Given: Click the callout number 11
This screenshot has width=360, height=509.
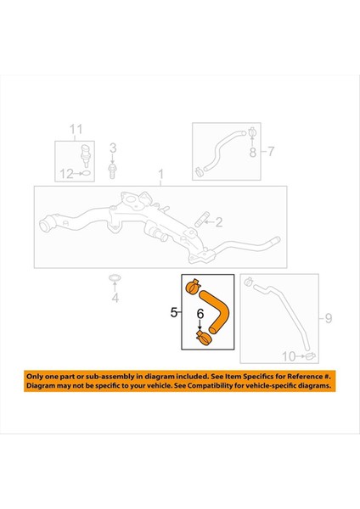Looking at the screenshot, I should coord(76,130).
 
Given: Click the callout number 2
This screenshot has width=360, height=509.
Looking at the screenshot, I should coord(218,223).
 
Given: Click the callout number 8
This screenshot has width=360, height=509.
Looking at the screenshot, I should coord(251,153).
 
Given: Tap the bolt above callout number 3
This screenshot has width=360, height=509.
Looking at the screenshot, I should coord(112,170).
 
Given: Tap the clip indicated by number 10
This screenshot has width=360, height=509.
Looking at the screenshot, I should coord(311,354).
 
